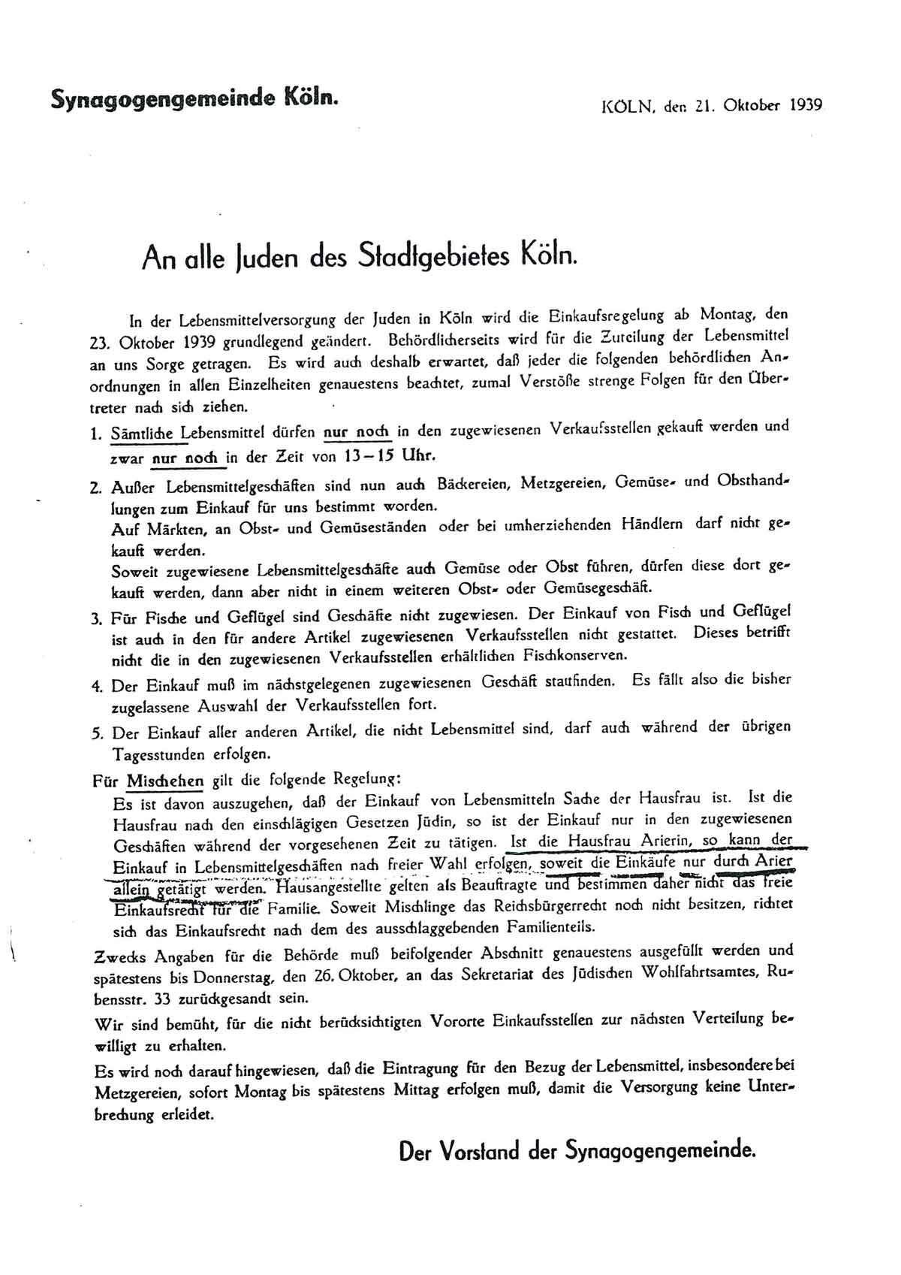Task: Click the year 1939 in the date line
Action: [x=806, y=105]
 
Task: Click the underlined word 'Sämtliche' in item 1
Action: [x=142, y=434]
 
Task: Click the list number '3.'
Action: [x=95, y=620]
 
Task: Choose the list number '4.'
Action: [x=95, y=686]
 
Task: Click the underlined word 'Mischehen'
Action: [x=164, y=780]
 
